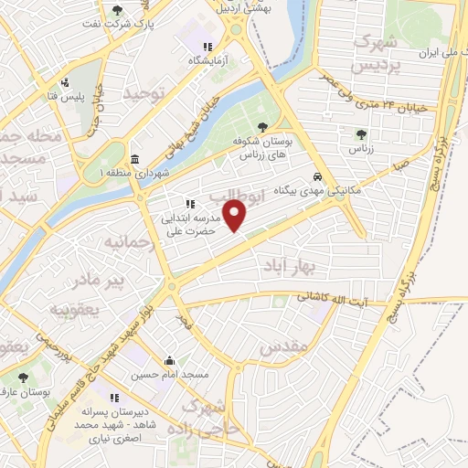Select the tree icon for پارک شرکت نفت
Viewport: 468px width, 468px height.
116,12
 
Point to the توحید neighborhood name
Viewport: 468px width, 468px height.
149,94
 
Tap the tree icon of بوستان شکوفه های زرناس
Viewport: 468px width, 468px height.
263,128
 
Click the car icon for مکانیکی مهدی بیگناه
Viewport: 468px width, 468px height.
316,176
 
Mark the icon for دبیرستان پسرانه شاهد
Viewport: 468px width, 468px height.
114,398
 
